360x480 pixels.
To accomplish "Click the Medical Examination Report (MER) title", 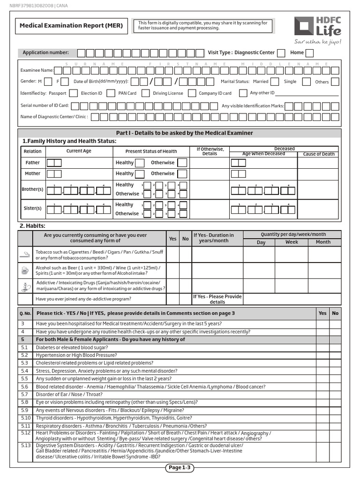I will click(x=71, y=25).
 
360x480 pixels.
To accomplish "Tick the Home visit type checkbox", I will click(x=309, y=53).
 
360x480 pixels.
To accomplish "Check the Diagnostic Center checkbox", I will click(x=281, y=53).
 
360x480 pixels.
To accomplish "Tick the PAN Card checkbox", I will click(x=143, y=93).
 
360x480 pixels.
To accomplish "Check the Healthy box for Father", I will click(x=140, y=163).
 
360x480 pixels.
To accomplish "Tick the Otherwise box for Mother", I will click(x=182, y=174).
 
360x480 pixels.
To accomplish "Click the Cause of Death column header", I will click(x=319, y=154).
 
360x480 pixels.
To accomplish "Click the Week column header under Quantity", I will click(x=292, y=242).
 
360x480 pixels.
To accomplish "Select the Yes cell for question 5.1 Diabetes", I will click(x=322, y=348).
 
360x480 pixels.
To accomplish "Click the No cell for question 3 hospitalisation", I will click(x=335, y=324).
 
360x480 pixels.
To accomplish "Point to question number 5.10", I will click(x=25, y=418).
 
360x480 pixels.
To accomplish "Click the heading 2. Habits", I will click(x=32, y=225).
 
